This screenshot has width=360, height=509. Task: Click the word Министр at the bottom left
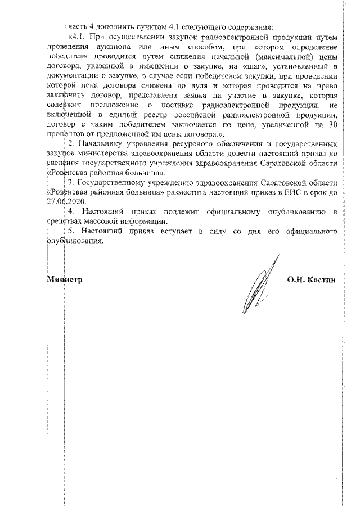[x=65, y=279]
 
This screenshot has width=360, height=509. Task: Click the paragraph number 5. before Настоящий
[x=71, y=231]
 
